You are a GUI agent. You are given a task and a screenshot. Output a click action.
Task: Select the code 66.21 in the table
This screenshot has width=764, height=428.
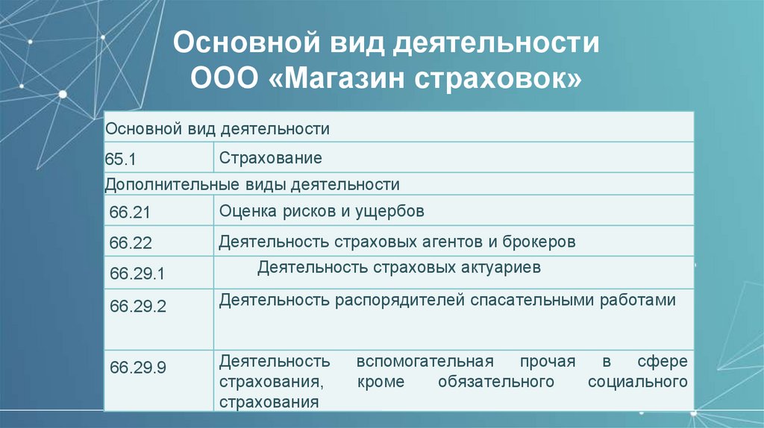(x=130, y=213)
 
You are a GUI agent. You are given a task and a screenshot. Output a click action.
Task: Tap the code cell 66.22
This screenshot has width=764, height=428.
(x=130, y=243)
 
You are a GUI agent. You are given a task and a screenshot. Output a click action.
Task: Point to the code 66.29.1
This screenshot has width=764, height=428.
(x=137, y=274)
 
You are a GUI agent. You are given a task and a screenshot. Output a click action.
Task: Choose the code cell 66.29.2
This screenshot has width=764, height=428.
(x=137, y=306)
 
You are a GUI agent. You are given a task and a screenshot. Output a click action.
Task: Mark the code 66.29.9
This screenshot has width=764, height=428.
(x=137, y=368)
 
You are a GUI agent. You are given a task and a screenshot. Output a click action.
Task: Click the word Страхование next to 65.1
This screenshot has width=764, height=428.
(x=270, y=158)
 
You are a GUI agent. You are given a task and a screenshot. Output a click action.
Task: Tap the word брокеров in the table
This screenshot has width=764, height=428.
(x=539, y=242)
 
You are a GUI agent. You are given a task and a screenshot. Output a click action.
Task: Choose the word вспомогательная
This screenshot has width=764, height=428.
(x=425, y=362)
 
